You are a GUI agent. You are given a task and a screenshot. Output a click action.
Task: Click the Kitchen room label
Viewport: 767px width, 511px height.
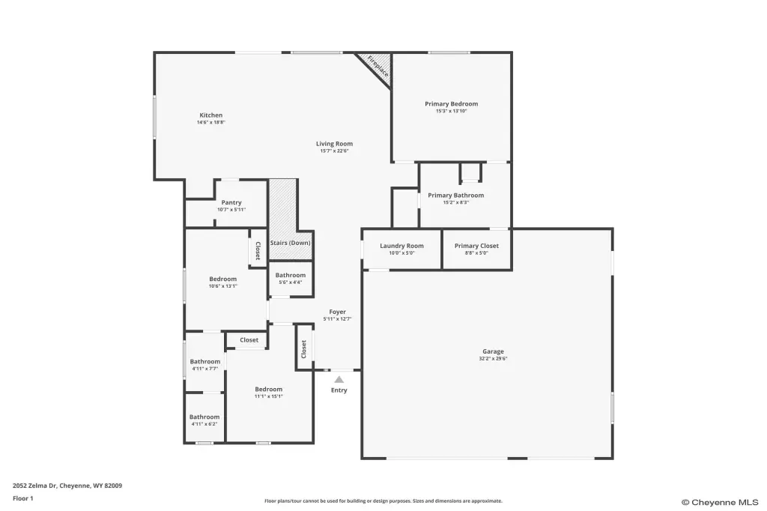210,115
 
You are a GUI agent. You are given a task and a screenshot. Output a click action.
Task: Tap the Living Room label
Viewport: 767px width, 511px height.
334,144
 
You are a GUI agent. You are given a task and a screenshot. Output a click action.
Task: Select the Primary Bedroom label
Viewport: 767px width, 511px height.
451,103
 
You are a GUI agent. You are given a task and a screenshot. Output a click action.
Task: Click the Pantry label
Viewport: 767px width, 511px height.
231,202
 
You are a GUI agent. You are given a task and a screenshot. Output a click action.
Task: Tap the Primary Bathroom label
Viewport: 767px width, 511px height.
456,196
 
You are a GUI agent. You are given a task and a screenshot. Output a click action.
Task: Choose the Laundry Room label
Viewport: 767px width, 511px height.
401,246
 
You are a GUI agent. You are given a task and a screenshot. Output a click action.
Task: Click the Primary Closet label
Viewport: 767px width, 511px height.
476,246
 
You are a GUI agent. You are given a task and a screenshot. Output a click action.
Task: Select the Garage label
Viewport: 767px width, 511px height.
493,351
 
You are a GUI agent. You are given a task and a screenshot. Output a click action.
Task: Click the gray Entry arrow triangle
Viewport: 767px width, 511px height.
339,380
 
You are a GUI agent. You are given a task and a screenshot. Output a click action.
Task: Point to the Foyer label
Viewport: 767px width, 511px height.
338,312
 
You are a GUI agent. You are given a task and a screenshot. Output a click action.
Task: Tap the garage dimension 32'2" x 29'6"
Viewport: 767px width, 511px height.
493,359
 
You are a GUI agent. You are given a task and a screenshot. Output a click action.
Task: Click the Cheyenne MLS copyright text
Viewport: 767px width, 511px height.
720,502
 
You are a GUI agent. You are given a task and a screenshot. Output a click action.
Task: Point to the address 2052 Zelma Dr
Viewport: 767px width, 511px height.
34,486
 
